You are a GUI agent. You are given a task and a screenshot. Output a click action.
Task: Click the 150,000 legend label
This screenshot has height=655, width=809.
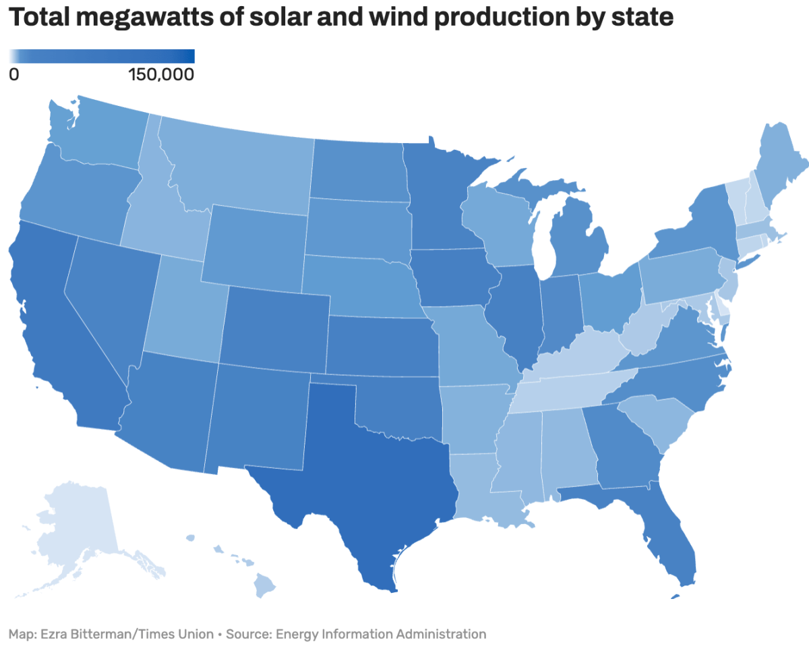tap(160, 74)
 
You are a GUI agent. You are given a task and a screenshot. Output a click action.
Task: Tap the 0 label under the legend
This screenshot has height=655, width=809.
tap(14, 74)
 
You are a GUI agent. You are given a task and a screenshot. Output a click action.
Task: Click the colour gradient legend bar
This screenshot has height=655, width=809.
tap(102, 56)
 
